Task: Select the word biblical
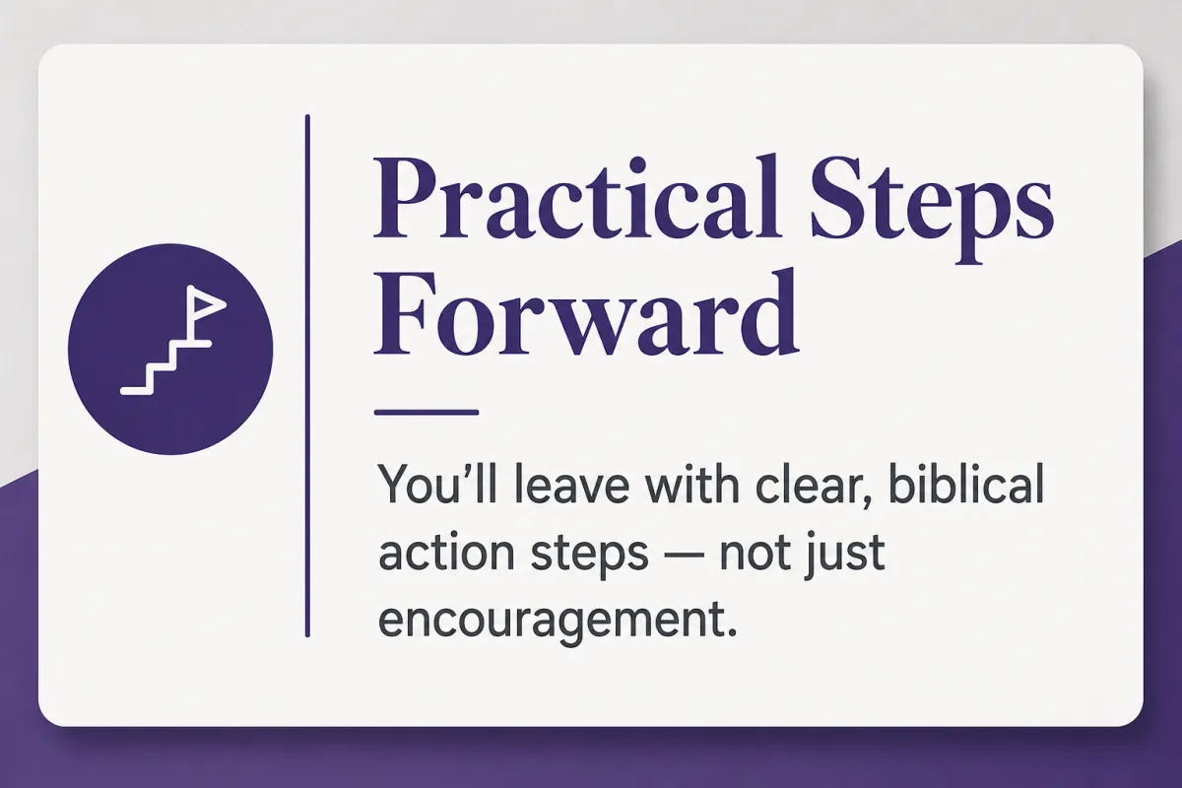[x=966, y=485]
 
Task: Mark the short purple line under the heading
[x=427, y=413]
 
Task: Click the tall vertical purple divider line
[x=307, y=376]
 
